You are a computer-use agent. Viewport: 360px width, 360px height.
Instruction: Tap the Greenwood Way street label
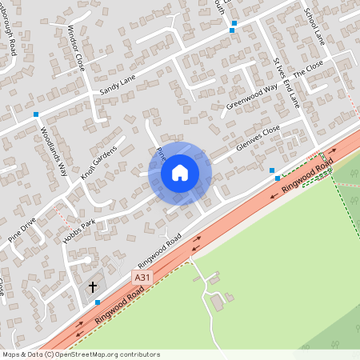(251, 95)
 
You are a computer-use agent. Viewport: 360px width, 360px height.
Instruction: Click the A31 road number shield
(141, 276)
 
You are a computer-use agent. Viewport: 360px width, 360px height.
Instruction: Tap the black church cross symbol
(92, 286)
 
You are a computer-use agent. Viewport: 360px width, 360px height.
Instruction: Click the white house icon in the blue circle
(180, 172)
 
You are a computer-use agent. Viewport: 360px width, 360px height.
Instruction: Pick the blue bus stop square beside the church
(98, 302)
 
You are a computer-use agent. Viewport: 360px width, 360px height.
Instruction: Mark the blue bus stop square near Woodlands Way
(36, 114)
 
